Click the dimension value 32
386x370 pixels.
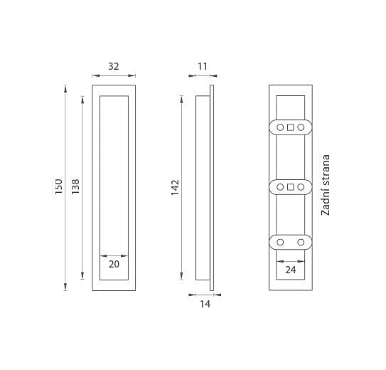(114, 66)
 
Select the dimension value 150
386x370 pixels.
(59, 186)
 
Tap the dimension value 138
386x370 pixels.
(75, 185)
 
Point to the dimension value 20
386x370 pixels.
(114, 264)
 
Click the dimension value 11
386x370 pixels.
(203, 66)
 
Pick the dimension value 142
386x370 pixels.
(176, 188)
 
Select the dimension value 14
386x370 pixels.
(205, 305)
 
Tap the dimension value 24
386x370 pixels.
(291, 270)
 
